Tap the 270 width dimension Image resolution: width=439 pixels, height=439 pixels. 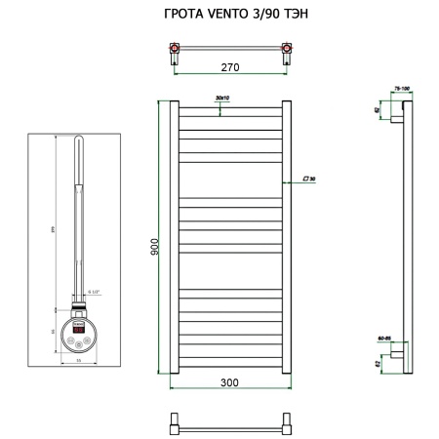[x=230, y=68]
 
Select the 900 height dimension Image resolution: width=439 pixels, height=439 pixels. [x=153, y=247]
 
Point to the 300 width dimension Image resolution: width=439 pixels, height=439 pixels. [x=230, y=382]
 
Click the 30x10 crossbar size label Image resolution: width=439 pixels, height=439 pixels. [x=222, y=99]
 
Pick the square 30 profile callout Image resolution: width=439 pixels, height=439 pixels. [x=311, y=180]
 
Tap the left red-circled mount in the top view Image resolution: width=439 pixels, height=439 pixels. [x=174, y=48]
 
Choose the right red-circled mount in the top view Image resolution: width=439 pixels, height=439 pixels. [x=287, y=48]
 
